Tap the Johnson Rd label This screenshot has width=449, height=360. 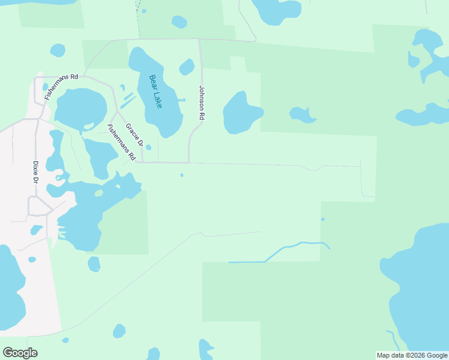tap(202, 103)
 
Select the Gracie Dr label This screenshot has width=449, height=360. tap(134, 136)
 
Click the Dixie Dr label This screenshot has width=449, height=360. tap(35, 172)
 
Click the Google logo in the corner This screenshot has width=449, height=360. tap(20, 352)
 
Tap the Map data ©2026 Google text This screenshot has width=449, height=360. tap(412, 355)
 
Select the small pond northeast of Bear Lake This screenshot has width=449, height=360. tap(187, 67)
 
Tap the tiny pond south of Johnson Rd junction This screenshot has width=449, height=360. tap(181, 175)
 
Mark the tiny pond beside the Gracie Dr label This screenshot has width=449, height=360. tap(148, 147)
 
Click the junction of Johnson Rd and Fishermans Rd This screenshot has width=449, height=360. tap(189, 162)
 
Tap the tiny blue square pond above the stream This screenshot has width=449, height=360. tap(322, 219)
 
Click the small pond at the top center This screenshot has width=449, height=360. tap(179, 22)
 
